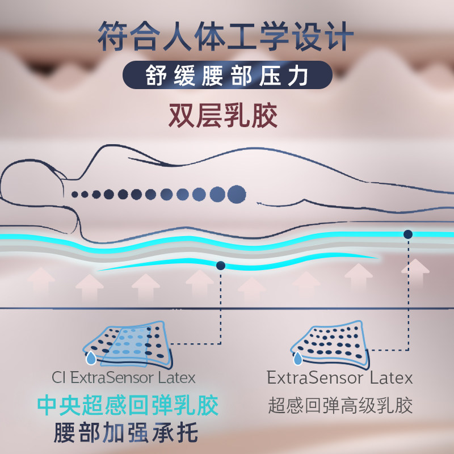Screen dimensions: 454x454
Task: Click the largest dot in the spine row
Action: click(x=236, y=194)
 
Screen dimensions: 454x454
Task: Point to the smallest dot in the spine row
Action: click(x=75, y=194)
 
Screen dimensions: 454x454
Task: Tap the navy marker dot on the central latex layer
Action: click(x=221, y=265)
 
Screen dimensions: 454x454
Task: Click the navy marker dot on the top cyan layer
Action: click(x=407, y=234)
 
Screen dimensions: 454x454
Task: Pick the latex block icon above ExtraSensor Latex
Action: click(x=329, y=345)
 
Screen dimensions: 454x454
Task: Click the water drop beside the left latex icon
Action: click(x=90, y=358)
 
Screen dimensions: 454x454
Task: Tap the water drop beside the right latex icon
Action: click(x=297, y=358)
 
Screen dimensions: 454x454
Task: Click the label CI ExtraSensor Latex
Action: click(x=124, y=377)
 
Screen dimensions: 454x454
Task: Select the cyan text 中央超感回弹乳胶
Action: click(x=128, y=406)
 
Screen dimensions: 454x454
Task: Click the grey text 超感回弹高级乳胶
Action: click(x=340, y=405)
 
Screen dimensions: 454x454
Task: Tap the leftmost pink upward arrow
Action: click(x=41, y=282)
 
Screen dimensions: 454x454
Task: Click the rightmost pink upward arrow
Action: click(x=415, y=274)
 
